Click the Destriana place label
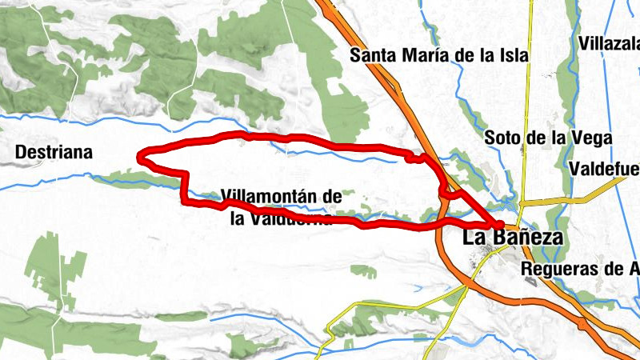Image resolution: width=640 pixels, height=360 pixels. pyautogui.click(x=54, y=152)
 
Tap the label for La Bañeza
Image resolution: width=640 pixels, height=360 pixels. pyautogui.click(x=513, y=238)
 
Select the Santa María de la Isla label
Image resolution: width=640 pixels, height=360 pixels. pyautogui.click(x=440, y=56)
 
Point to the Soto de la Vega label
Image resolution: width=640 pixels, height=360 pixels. pyautogui.click(x=548, y=138)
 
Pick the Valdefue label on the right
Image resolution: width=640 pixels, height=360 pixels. pyautogui.click(x=605, y=169)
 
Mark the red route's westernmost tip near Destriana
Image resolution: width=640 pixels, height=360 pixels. pyautogui.click(x=141, y=158)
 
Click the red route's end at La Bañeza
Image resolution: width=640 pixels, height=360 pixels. pyautogui.click(x=498, y=224)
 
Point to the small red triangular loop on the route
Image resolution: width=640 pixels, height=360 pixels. pyautogui.click(x=450, y=190)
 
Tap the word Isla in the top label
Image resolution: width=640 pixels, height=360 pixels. pyautogui.click(x=513, y=56)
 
